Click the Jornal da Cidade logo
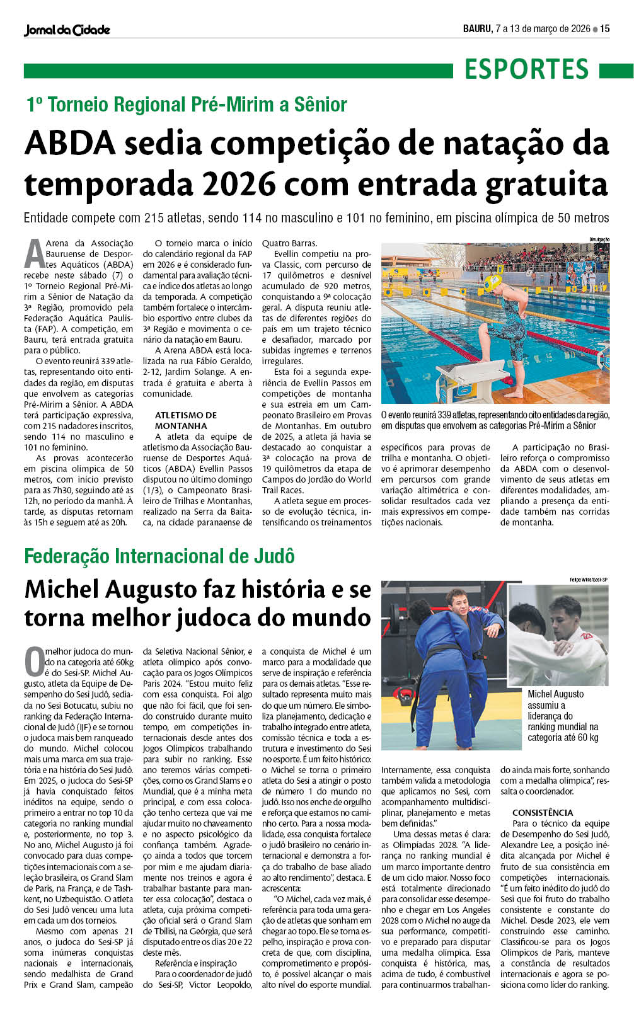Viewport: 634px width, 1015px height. (x=67, y=30)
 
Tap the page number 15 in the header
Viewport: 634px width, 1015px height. (x=604, y=28)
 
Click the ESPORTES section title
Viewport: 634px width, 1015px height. (x=526, y=69)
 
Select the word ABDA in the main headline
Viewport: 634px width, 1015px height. (x=70, y=144)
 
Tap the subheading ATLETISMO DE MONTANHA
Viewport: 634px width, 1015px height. (x=186, y=420)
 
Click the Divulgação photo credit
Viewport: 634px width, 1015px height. (x=599, y=239)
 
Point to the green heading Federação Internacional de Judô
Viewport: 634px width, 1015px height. (x=159, y=556)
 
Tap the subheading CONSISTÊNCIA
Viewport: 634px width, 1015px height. (x=542, y=813)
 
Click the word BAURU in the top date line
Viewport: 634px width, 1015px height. (x=477, y=28)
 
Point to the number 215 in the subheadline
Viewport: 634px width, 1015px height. (x=154, y=218)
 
